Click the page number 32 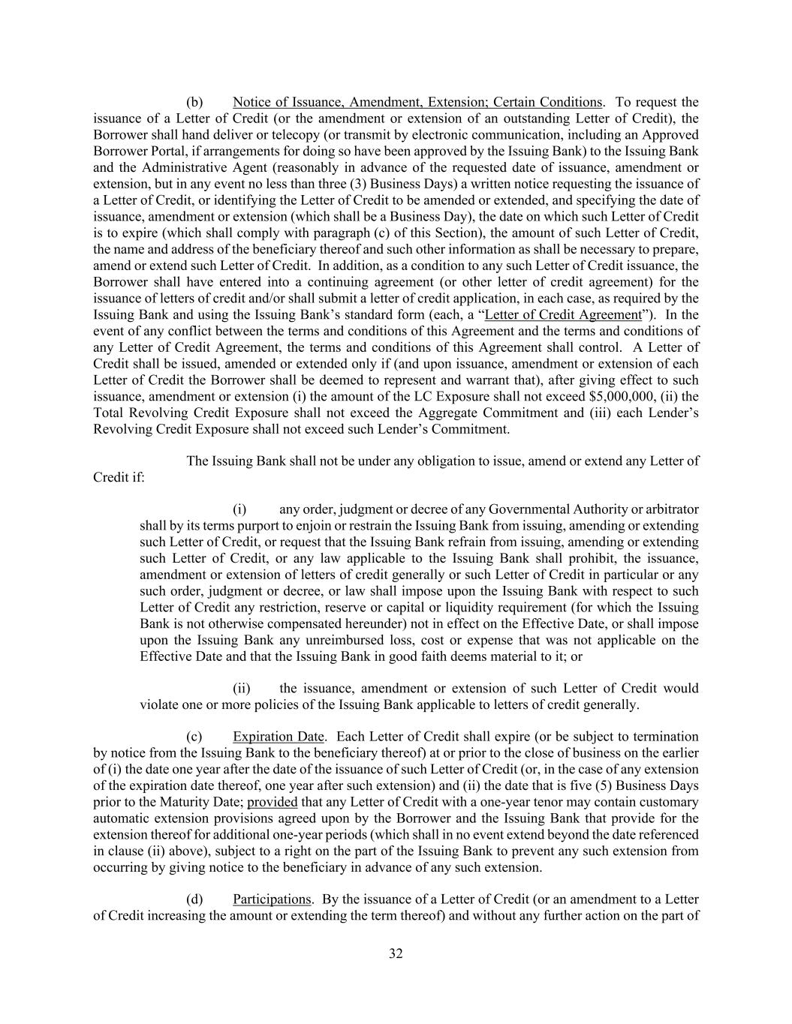click(396, 953)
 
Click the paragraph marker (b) click(194, 102)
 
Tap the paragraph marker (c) click(194, 737)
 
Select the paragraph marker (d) click(194, 899)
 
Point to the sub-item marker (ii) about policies click(242, 689)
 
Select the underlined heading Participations click(272, 899)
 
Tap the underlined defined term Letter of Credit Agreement click(563, 315)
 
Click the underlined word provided click(273, 802)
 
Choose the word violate click(157, 705)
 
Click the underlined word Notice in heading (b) click(251, 102)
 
